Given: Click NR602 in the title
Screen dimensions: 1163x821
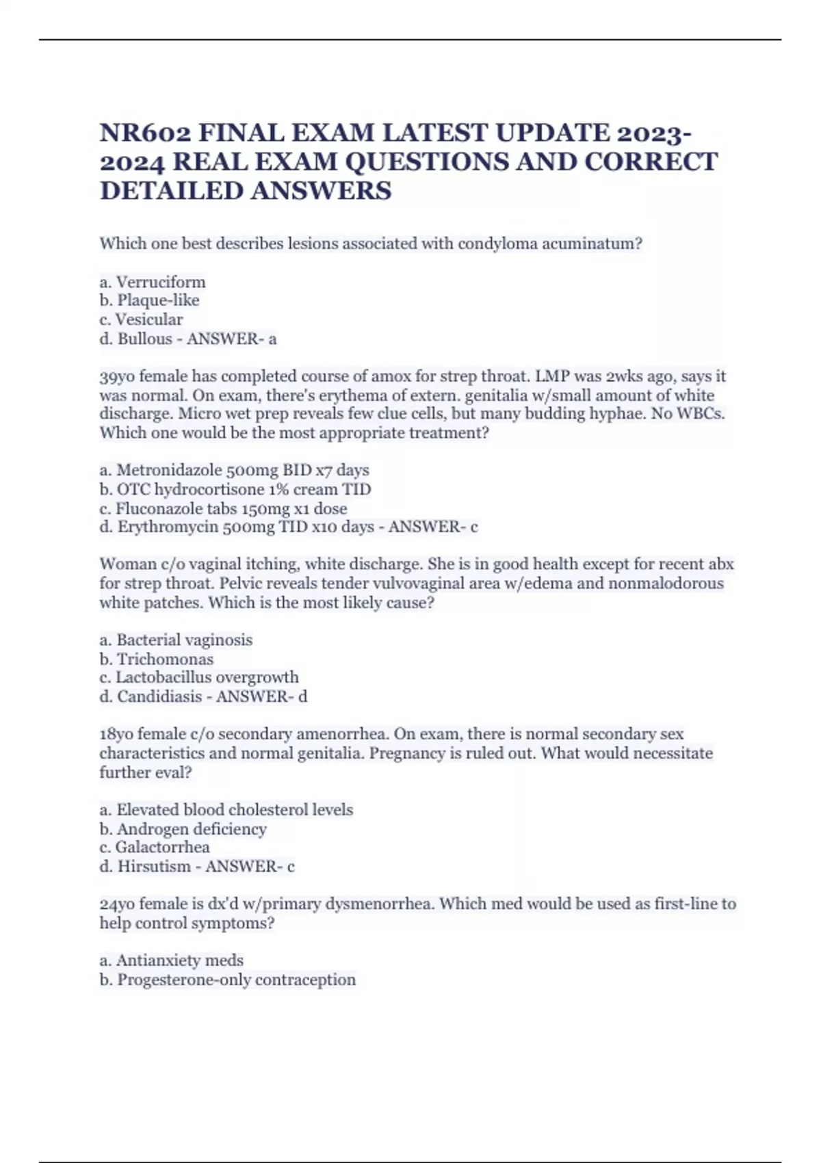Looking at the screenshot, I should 144,133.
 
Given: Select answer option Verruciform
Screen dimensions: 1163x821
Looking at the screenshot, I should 161,282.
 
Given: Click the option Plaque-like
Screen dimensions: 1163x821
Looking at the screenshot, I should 158,300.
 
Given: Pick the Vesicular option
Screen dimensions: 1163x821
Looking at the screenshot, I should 148,319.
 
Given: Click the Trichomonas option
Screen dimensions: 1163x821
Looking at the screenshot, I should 165,659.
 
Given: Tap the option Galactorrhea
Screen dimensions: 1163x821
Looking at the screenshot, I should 162,847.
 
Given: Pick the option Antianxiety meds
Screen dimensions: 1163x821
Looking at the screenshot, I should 179,961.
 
